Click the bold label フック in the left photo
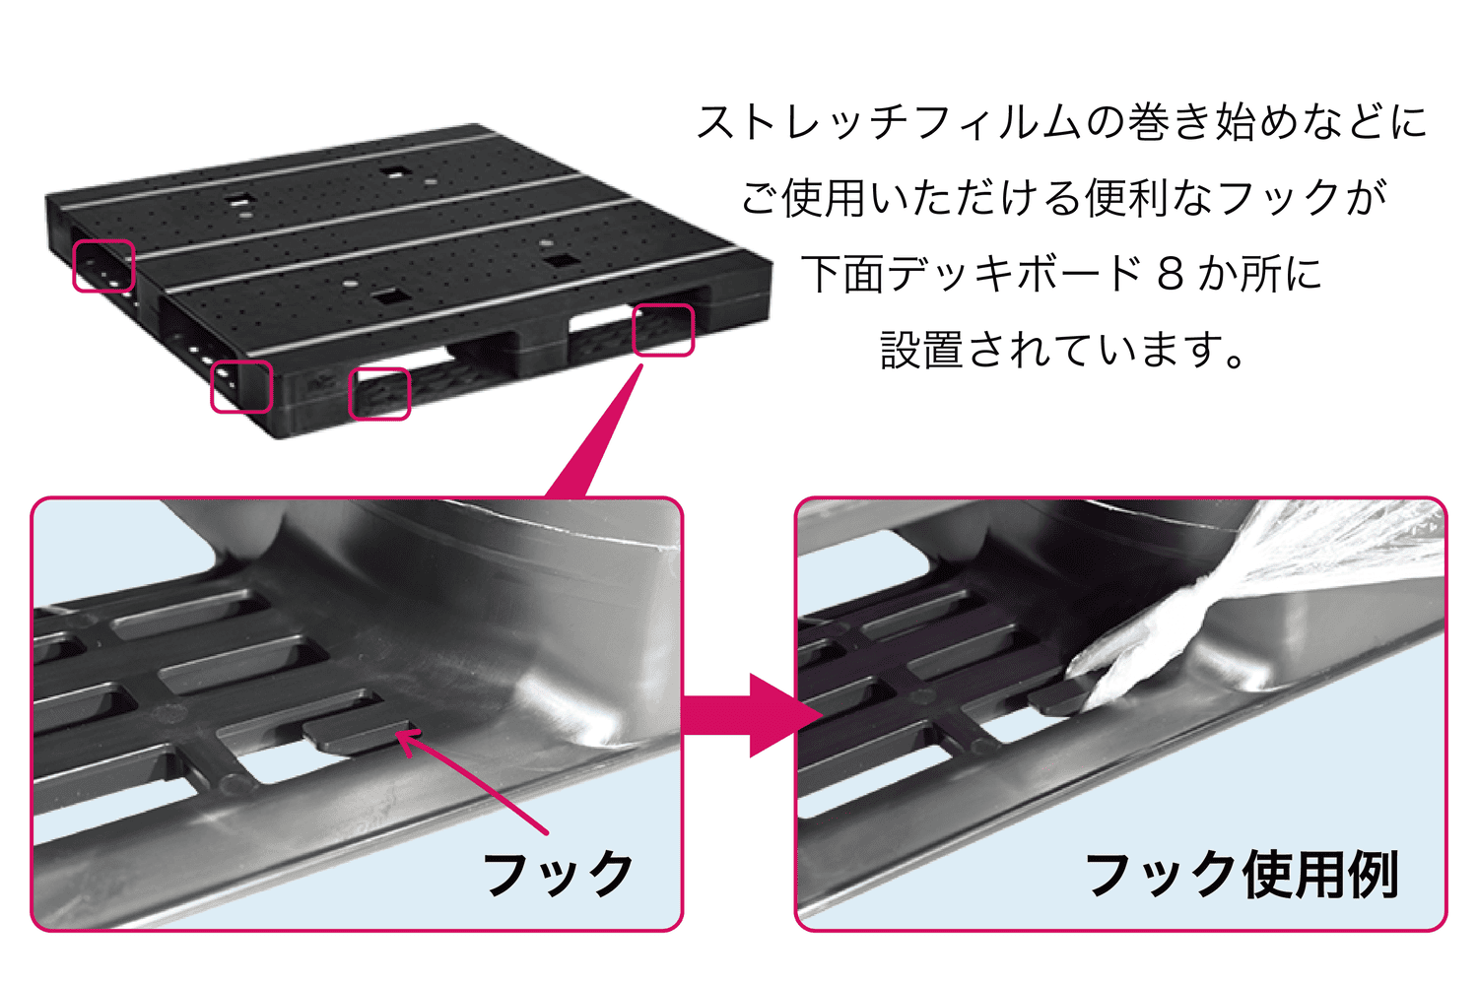point(559,874)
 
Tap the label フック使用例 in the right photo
point(1243,875)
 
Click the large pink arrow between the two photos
point(752,715)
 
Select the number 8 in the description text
point(1171,275)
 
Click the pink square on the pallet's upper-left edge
point(103,265)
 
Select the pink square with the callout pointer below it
point(663,330)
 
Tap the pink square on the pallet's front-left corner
point(241,386)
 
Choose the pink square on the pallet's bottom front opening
point(379,394)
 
